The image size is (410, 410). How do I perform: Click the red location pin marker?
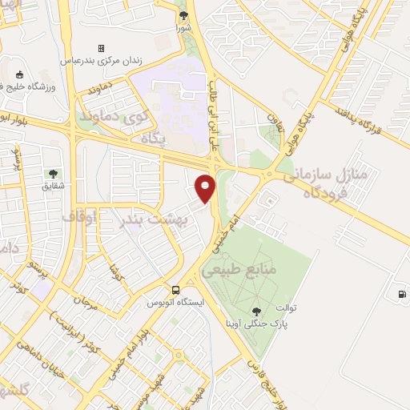(206, 187)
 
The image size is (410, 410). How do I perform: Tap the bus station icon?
(175, 290)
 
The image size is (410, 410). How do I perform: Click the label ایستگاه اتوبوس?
(175, 303)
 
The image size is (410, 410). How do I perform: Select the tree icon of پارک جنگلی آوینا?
(255, 312)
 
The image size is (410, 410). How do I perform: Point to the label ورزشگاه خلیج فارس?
(32, 85)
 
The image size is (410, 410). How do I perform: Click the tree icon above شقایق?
(53, 173)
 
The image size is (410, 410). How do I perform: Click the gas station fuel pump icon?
(401, 293)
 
